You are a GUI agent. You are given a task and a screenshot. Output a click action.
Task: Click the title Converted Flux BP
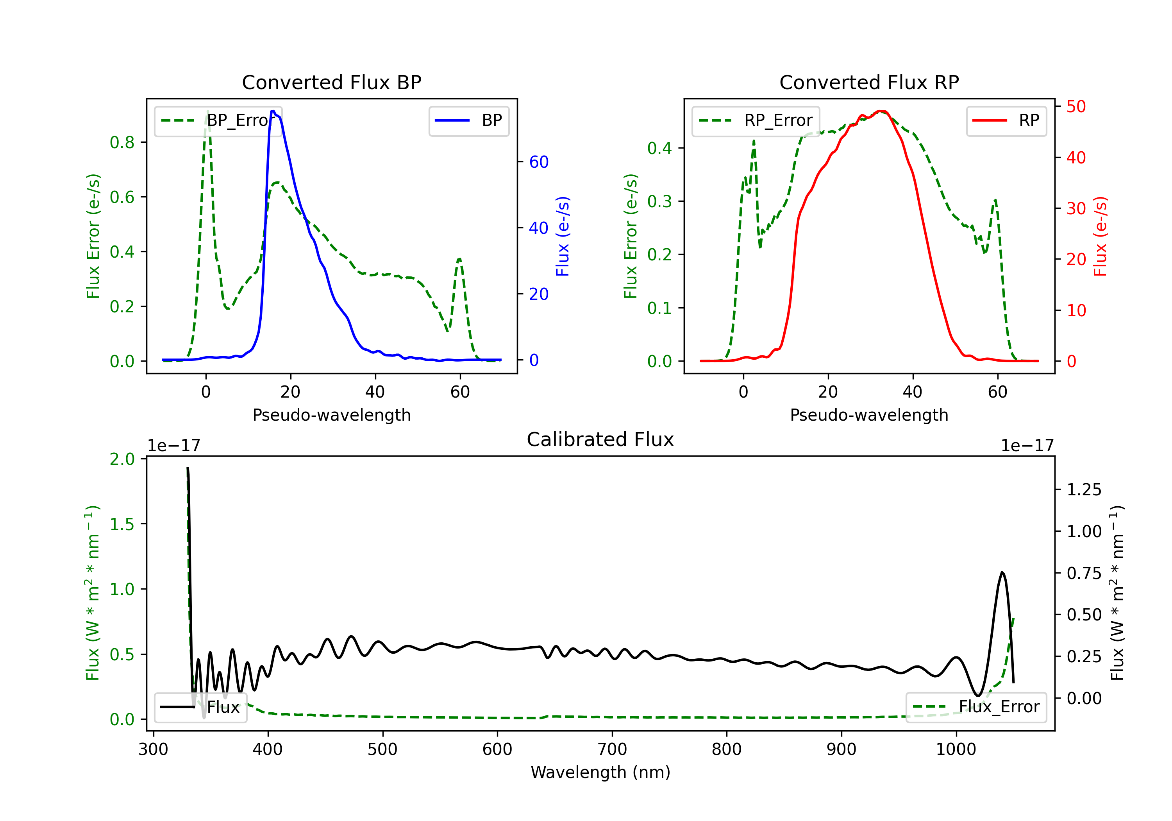point(331,82)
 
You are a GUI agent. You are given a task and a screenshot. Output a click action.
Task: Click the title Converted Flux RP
point(869,82)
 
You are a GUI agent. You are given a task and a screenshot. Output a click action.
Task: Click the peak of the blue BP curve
point(273,111)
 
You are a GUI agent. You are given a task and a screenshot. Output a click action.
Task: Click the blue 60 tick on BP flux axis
point(538,162)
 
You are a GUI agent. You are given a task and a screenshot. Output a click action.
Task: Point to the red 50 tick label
point(1076,106)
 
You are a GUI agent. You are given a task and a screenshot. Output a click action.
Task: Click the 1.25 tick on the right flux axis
point(1084,490)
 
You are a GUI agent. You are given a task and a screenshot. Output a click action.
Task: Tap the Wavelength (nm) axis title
point(600,772)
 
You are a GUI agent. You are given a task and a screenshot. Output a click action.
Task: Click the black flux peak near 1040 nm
point(1002,572)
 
